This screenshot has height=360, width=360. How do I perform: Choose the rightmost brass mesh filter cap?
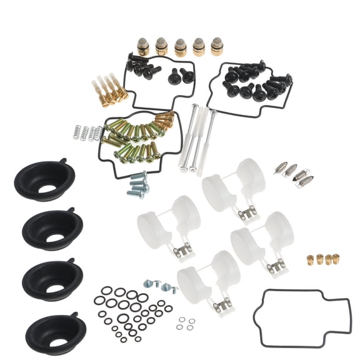(x=216, y=46)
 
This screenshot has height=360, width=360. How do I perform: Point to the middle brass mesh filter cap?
(x=180, y=47)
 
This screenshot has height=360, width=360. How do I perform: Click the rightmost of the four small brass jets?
(x=335, y=258)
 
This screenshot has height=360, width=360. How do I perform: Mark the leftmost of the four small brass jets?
(x=309, y=261)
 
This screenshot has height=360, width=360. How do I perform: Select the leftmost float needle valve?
(x=282, y=169)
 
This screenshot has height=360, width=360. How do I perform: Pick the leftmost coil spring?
(x=77, y=132)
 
